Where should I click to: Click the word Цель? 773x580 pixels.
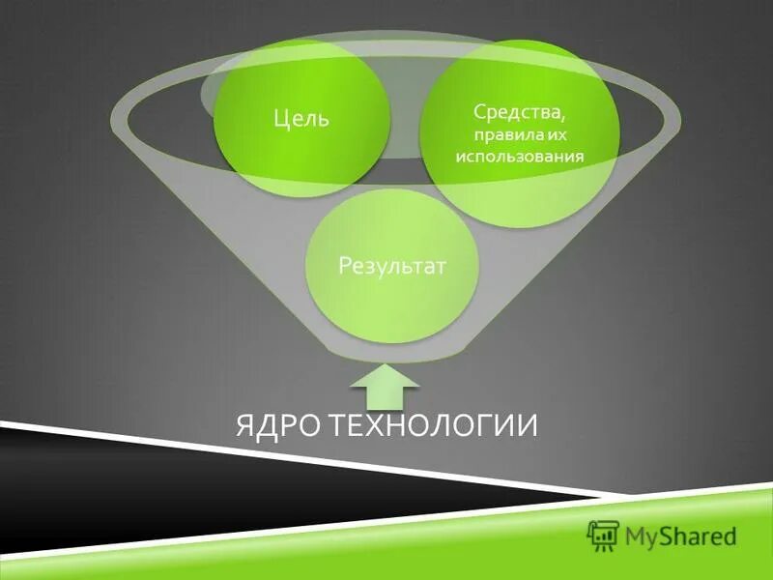[301, 120]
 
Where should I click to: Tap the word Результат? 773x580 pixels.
[391, 265]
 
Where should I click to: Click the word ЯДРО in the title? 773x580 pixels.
[278, 425]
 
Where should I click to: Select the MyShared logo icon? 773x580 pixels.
[603, 534]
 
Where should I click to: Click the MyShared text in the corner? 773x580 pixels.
[680, 535]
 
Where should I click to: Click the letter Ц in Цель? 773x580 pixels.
[280, 120]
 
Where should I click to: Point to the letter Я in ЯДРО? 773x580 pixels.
[245, 425]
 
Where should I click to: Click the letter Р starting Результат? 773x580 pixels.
[344, 265]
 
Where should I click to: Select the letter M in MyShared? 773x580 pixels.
[636, 535]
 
